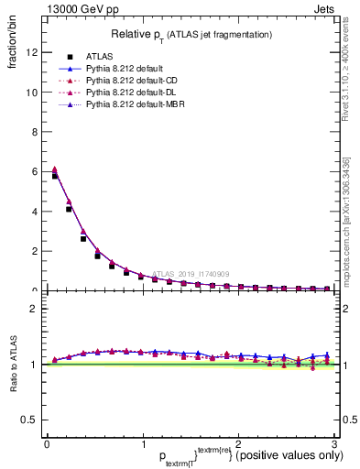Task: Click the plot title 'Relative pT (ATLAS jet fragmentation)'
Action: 191,34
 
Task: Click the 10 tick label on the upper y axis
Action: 31,93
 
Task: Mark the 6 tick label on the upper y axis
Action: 34,172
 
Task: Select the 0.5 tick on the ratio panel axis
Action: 29,420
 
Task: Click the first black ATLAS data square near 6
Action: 55,176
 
